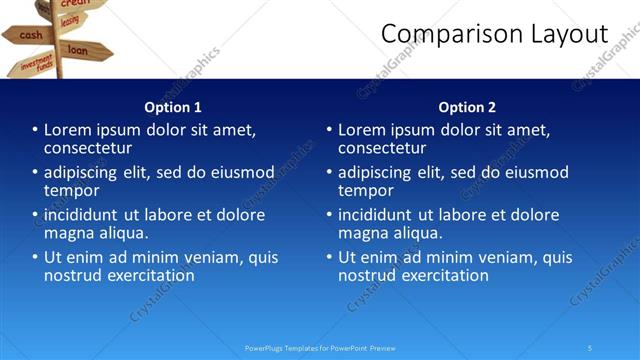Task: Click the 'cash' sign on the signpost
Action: click(x=31, y=35)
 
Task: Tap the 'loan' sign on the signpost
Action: click(x=79, y=49)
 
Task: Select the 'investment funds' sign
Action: click(x=37, y=66)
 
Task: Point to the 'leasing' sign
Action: click(x=69, y=20)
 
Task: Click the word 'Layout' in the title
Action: click(x=571, y=34)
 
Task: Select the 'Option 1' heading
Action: click(x=173, y=107)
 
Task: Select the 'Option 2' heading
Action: click(x=467, y=107)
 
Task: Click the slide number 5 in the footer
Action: click(x=590, y=348)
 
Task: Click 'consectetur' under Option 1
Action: click(x=88, y=148)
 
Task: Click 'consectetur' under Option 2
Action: click(x=382, y=148)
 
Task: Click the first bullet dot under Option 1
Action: click(x=35, y=130)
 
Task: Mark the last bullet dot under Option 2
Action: click(x=329, y=257)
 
